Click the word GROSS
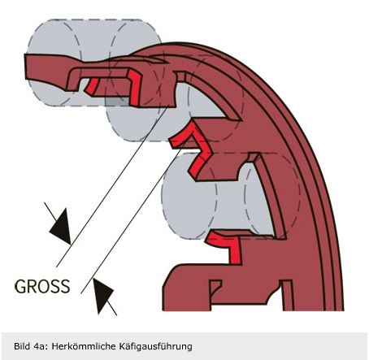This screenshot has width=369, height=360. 42,286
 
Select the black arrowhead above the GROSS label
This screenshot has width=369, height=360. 61,226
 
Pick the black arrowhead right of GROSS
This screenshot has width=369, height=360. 102,295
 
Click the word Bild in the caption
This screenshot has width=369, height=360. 21,346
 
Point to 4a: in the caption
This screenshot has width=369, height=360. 41,346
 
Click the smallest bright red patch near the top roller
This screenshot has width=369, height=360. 92,86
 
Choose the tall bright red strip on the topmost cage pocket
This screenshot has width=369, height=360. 134,88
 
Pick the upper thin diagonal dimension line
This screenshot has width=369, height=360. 112,184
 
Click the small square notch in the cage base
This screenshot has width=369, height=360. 215,288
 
